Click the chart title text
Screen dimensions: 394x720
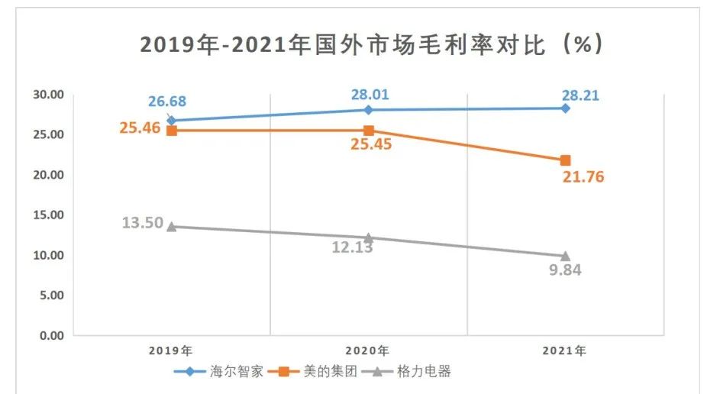(x=372, y=45)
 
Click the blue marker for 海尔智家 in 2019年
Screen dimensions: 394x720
(x=172, y=120)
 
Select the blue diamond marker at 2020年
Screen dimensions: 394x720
(x=369, y=109)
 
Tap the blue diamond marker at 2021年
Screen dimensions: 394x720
(x=565, y=108)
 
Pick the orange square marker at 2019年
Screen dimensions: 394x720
(x=172, y=131)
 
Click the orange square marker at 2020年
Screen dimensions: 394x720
(x=369, y=131)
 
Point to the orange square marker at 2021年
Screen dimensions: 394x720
(x=565, y=160)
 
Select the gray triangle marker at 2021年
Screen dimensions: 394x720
(x=565, y=256)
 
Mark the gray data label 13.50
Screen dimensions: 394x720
(x=142, y=223)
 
